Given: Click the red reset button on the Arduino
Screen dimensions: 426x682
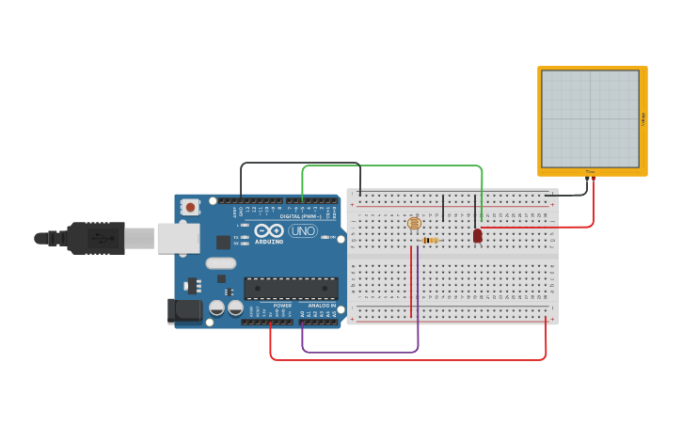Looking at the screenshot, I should click(x=190, y=207).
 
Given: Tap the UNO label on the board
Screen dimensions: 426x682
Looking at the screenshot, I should click(x=303, y=230).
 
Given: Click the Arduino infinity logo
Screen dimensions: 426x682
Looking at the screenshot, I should click(x=269, y=230).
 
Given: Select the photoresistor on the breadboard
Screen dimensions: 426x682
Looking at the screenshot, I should click(x=414, y=223).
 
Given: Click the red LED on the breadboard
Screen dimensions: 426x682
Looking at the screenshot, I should click(x=478, y=235).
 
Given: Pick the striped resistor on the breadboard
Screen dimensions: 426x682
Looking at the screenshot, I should click(x=431, y=241).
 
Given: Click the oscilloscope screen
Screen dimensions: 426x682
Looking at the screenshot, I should click(x=591, y=118).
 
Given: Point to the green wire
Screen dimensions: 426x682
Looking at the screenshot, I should click(x=395, y=166).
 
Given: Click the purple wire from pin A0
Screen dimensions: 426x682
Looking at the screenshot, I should click(x=357, y=353).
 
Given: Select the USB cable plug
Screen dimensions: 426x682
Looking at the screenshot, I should click(x=94, y=239).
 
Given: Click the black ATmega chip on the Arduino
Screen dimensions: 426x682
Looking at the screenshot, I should click(x=291, y=289).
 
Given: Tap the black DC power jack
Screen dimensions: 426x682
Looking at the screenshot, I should click(x=184, y=311).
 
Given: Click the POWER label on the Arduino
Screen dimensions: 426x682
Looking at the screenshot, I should click(x=282, y=306).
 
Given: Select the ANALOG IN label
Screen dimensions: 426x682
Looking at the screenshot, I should click(x=322, y=306).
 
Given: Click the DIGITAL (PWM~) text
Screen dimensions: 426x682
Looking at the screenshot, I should click(x=300, y=216).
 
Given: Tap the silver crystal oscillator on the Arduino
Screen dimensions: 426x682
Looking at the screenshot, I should click(x=221, y=263).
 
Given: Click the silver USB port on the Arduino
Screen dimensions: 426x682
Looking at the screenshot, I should click(x=178, y=238).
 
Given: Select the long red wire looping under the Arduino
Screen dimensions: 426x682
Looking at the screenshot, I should click(x=404, y=360).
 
